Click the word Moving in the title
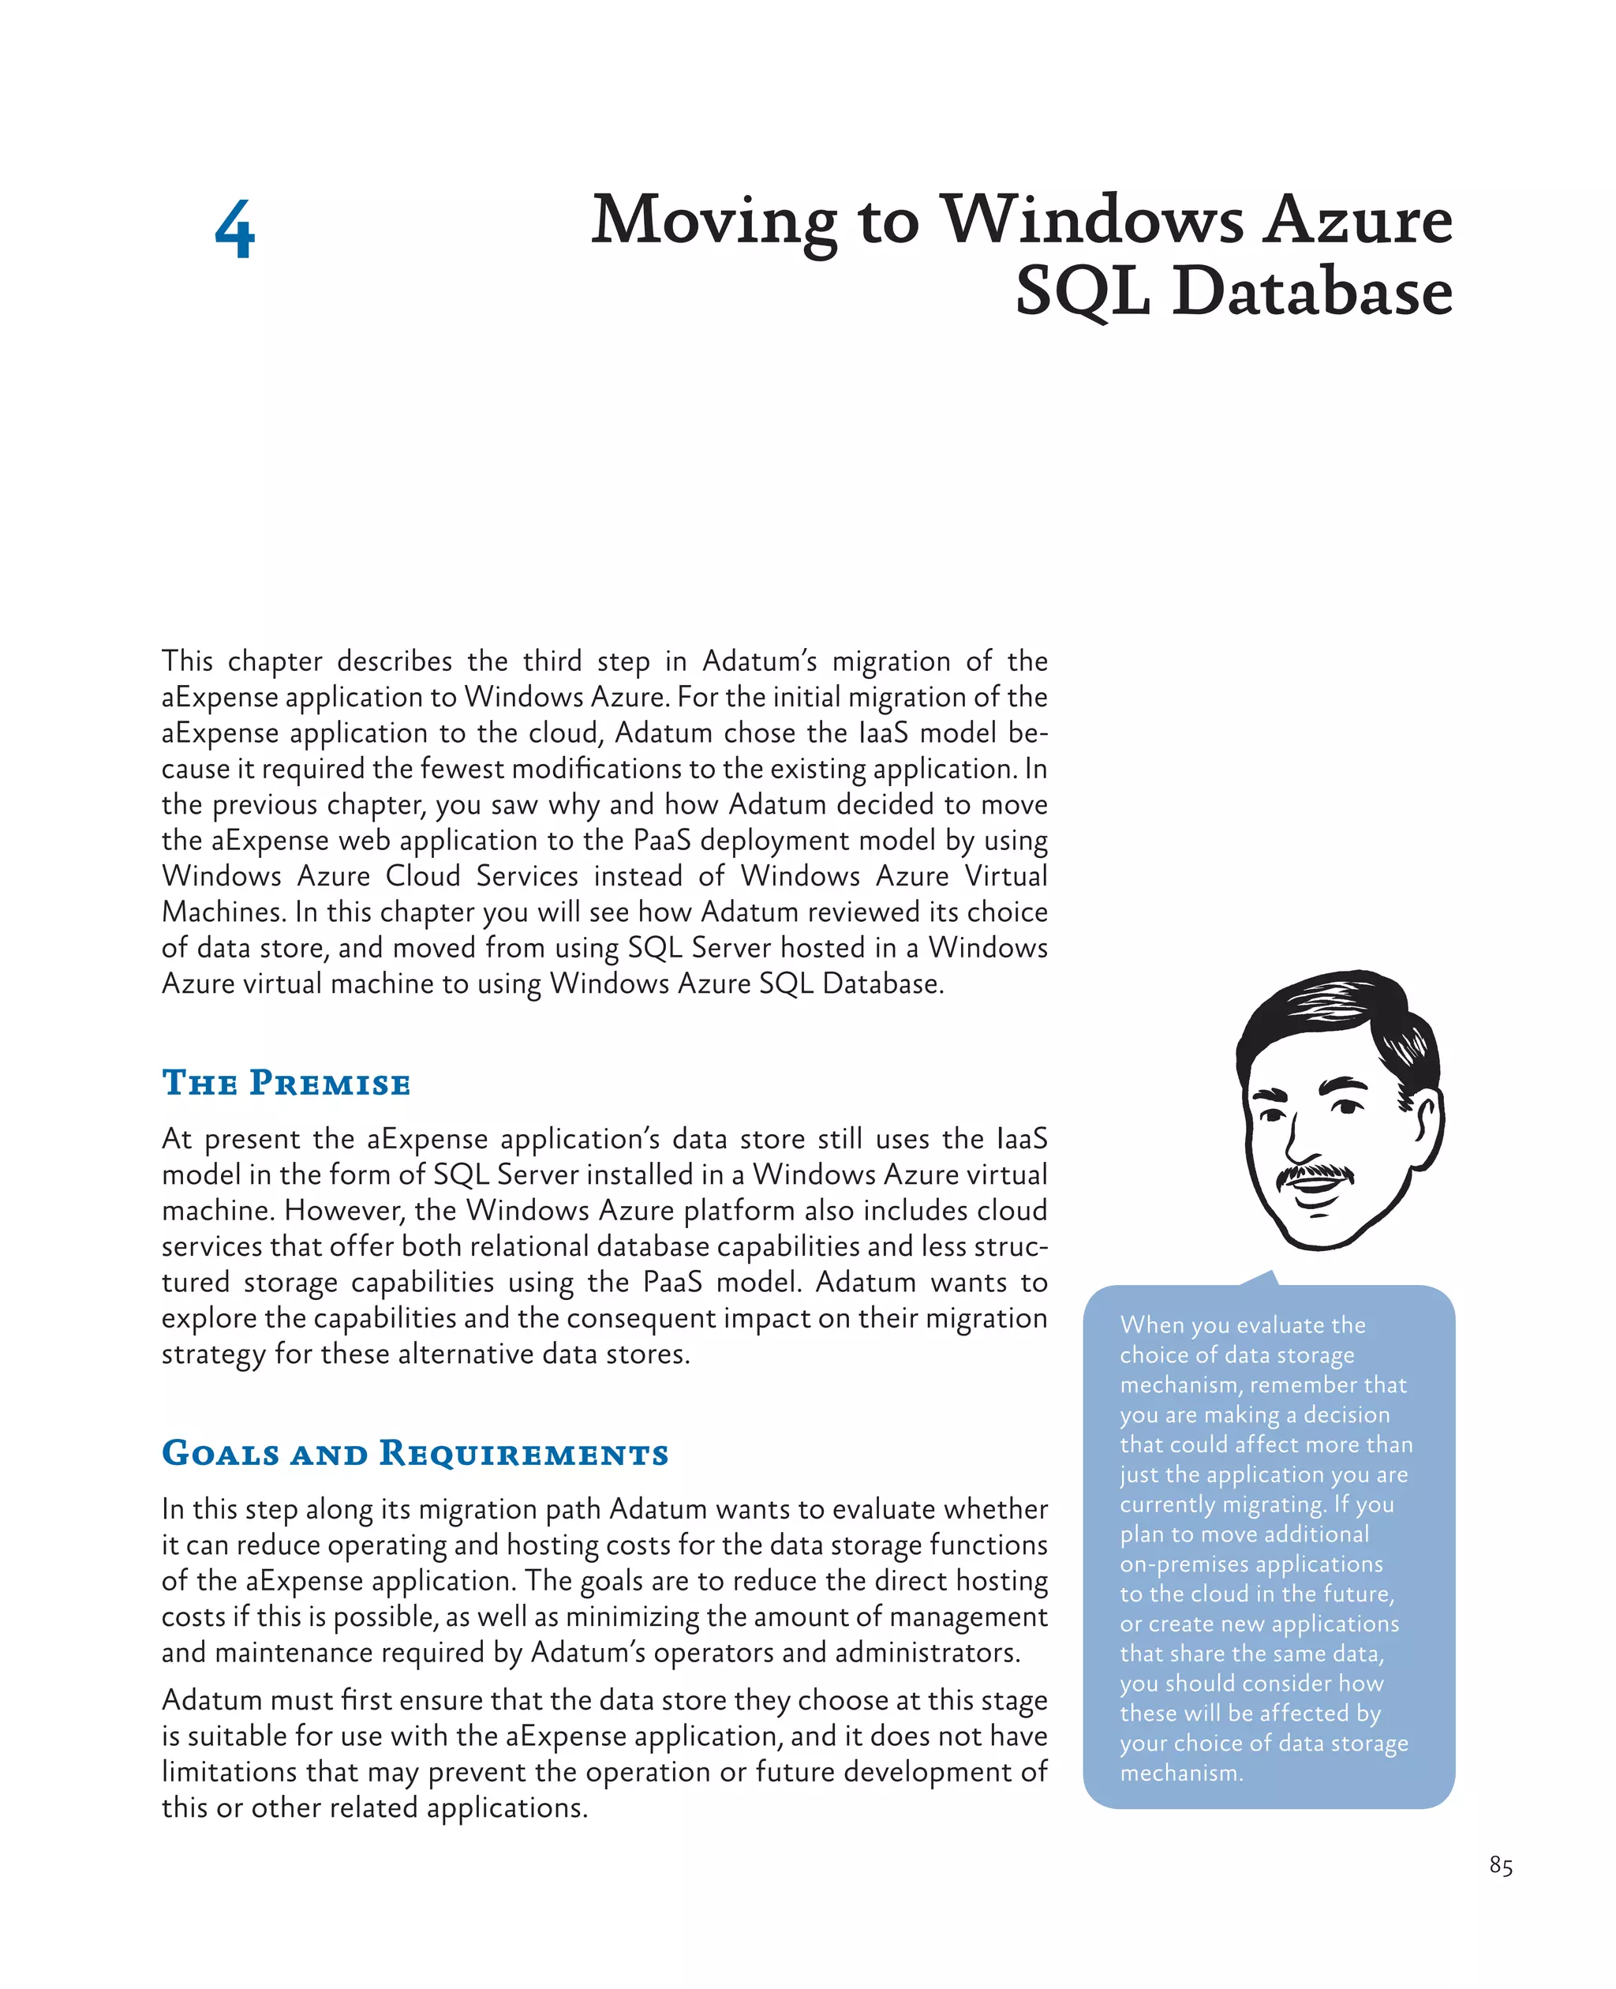[714, 222]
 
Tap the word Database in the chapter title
[1311, 291]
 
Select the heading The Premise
[286, 1083]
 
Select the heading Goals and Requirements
[415, 1454]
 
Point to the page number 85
[1501, 1865]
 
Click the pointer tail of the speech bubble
[1262, 1278]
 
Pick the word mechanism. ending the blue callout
[1181, 1773]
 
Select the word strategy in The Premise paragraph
[213, 1354]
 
